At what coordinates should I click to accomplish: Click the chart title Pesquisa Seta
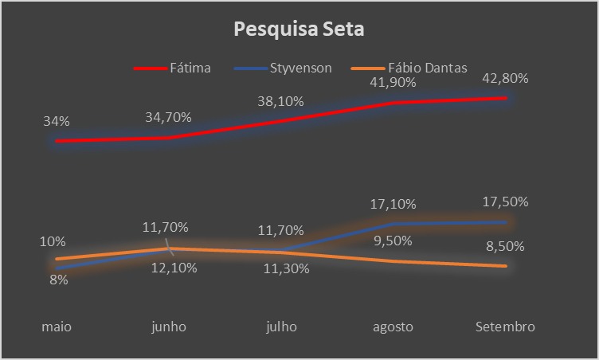click(299, 30)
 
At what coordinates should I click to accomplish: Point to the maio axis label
click(57, 327)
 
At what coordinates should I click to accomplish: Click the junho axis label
click(168, 327)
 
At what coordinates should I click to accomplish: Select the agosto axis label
click(393, 327)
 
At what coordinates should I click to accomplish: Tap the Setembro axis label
click(505, 327)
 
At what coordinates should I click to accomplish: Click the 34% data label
click(57, 122)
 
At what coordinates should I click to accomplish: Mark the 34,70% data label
click(168, 118)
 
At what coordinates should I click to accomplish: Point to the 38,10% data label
click(280, 102)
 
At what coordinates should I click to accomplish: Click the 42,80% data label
click(505, 79)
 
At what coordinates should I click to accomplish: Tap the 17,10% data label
click(393, 205)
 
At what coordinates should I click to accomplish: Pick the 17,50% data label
click(505, 202)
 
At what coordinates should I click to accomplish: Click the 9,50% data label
click(393, 241)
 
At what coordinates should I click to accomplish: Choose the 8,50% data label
click(505, 246)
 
